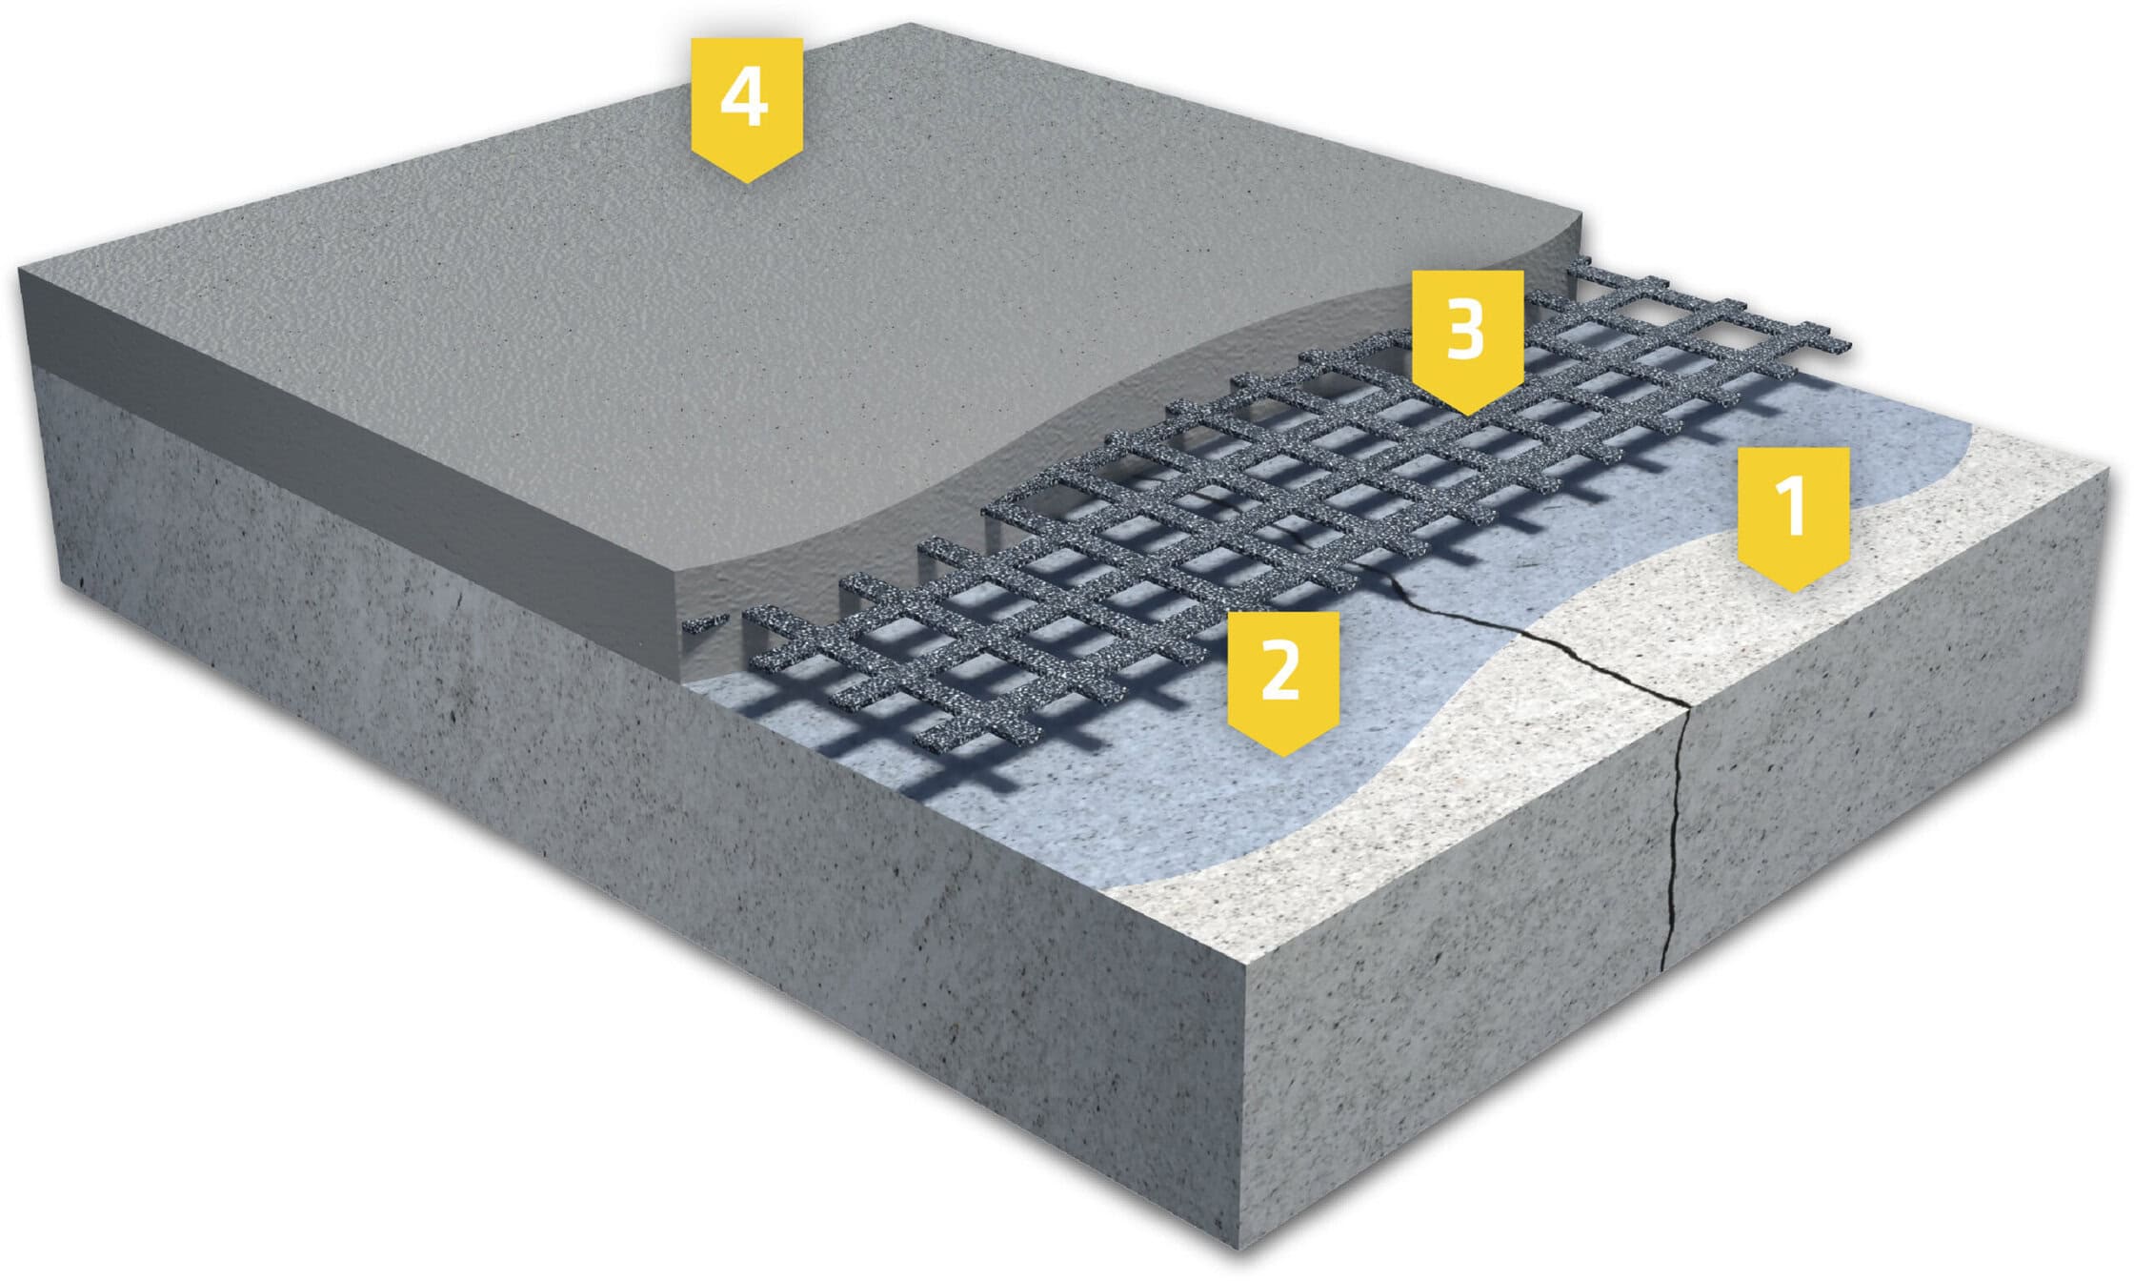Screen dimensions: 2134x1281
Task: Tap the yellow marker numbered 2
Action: click(x=1282, y=682)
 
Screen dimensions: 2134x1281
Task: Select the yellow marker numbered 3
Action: click(x=1467, y=341)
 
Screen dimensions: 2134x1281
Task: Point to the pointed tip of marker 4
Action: click(x=746, y=182)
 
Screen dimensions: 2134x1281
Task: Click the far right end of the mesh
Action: click(x=1848, y=345)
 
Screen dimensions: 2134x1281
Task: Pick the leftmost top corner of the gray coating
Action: click(x=19, y=270)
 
